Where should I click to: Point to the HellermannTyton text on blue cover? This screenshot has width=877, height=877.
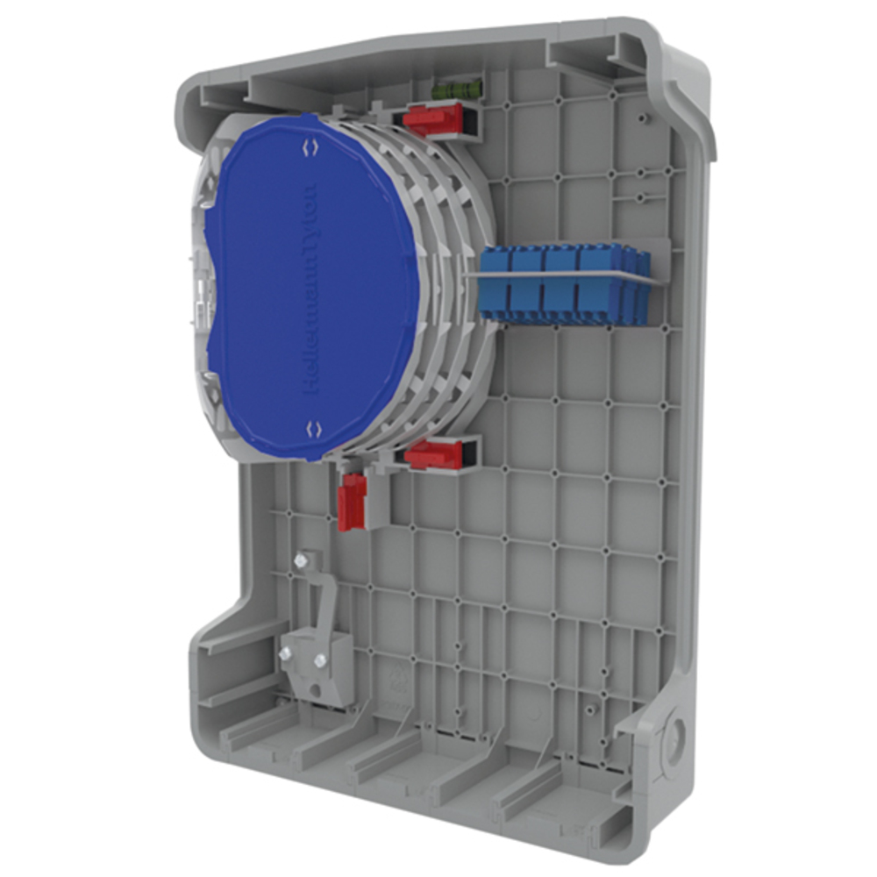click(x=311, y=289)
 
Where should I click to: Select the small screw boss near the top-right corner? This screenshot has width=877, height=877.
click(x=645, y=117)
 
